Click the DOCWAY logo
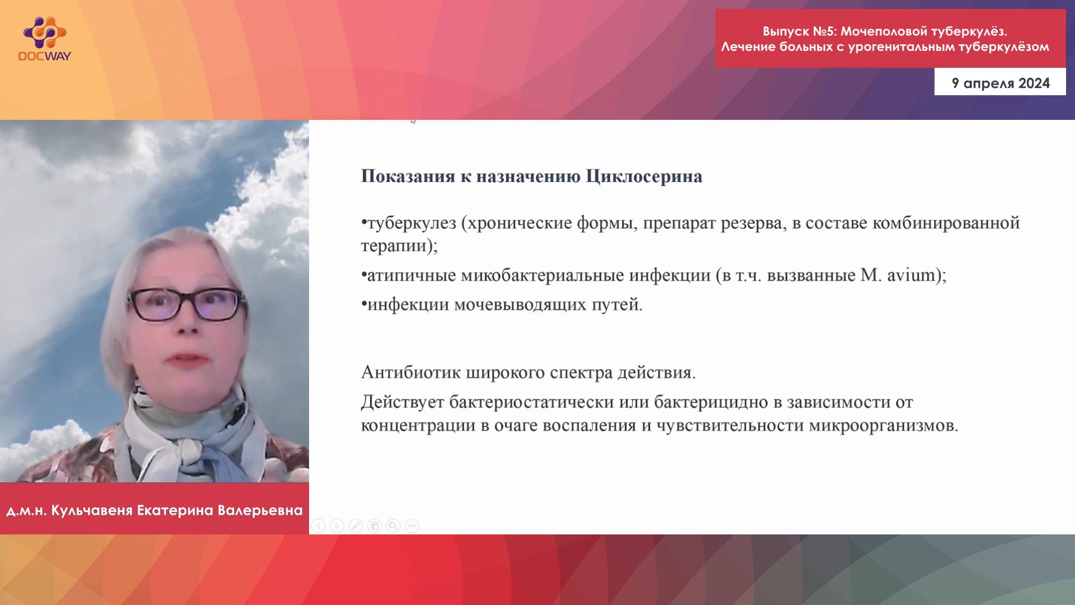[x=45, y=39]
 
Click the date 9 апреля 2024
[x=1001, y=83]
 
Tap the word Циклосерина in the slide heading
[x=644, y=176]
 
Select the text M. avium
[x=899, y=275]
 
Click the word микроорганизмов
[x=884, y=426]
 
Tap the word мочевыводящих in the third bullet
[x=520, y=305]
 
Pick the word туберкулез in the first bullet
[x=412, y=223]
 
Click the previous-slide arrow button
[x=318, y=525]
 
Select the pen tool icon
[x=356, y=525]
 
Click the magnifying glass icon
[x=393, y=525]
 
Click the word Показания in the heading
[x=408, y=176]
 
